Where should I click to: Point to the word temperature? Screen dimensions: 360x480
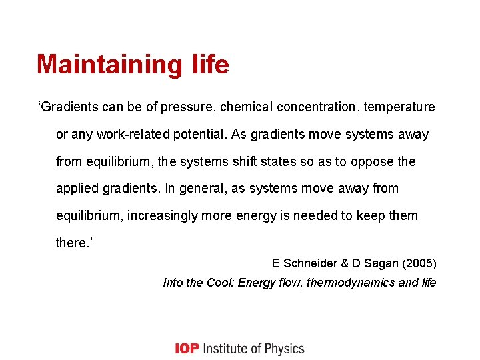click(399, 107)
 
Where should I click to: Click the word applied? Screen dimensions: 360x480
click(77, 189)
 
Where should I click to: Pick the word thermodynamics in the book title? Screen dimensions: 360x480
click(351, 283)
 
